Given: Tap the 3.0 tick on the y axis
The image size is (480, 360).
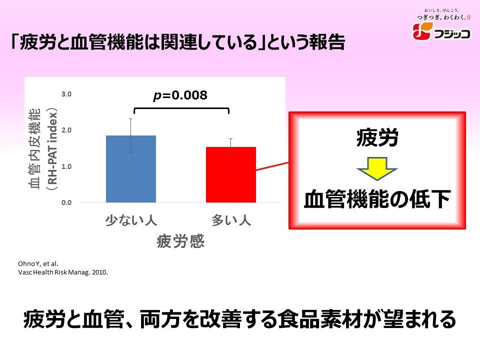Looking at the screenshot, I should (67, 94).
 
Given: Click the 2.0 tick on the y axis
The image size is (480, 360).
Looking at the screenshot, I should (67, 130).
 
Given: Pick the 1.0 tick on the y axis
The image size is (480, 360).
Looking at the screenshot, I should (67, 166).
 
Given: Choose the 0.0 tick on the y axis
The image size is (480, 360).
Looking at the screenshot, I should (67, 202).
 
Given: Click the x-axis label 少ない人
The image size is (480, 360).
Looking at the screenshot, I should (131, 220).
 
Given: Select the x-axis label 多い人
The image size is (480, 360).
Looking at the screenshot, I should (231, 220).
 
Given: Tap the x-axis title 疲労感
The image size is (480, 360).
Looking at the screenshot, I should (180, 241).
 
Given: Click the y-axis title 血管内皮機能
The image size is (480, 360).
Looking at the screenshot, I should (36, 150).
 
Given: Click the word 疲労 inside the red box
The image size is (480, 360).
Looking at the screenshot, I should (377, 137).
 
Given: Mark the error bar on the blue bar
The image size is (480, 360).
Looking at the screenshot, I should (131, 135).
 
